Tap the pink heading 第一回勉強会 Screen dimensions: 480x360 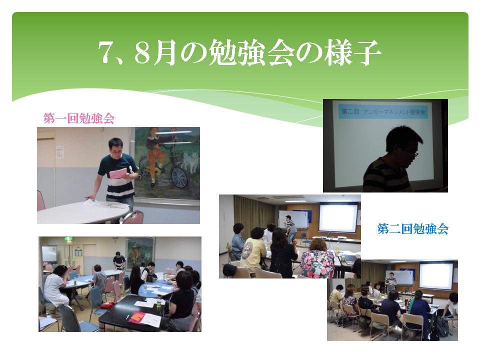pos(79,118)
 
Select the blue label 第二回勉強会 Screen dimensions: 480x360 pos(412,228)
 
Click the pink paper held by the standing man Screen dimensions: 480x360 pos(118,173)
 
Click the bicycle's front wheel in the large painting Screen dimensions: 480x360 pos(179,177)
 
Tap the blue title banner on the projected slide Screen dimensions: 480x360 pos(383,111)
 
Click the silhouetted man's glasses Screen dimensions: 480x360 pos(414,154)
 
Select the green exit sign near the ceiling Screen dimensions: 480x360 pos(67,239)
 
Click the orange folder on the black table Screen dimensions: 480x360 pos(137,317)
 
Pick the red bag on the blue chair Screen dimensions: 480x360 pos(107,305)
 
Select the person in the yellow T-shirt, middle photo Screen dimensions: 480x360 pos(253,249)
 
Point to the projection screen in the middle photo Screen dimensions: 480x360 pos(338,217)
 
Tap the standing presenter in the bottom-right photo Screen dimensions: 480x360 pos(391,283)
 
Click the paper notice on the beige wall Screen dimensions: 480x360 pos(60,152)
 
